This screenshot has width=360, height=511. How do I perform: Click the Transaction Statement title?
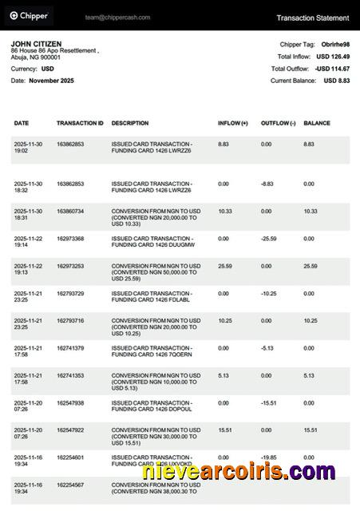(x=312, y=18)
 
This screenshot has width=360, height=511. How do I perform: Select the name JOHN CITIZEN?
(x=36, y=44)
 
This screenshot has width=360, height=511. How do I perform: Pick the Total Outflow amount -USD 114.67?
(x=331, y=69)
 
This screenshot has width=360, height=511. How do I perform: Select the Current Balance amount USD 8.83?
(x=336, y=81)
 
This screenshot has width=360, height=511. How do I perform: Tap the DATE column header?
(x=22, y=124)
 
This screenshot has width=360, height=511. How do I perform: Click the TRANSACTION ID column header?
(x=80, y=124)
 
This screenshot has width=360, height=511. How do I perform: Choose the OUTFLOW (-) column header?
(x=279, y=124)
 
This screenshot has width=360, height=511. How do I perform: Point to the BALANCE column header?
(x=317, y=124)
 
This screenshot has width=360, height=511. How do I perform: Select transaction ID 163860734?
(x=70, y=211)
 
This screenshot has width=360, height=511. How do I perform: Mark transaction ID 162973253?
(x=70, y=266)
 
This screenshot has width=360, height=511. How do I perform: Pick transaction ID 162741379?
(x=70, y=348)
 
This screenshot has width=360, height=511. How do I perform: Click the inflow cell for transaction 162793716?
(x=225, y=320)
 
